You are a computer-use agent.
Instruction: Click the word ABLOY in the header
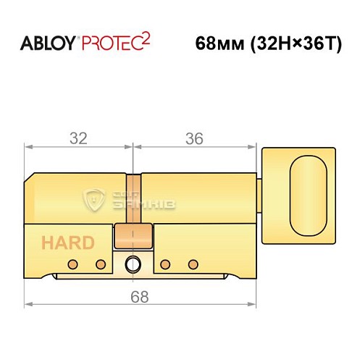pyautogui.click(x=44, y=43)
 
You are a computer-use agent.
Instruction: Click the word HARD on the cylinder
pyautogui.click(x=67, y=242)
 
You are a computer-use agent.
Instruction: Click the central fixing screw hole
pyautogui.click(x=134, y=263)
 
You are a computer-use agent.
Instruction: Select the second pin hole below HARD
pyautogui.click(x=101, y=263)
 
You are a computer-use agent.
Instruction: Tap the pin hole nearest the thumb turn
pyautogui.click(x=192, y=263)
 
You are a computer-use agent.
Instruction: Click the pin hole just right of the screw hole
pyautogui.click(x=165, y=263)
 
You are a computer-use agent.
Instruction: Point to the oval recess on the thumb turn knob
pyautogui.click(x=307, y=195)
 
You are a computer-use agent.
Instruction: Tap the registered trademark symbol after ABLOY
pyautogui.click(x=77, y=38)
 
